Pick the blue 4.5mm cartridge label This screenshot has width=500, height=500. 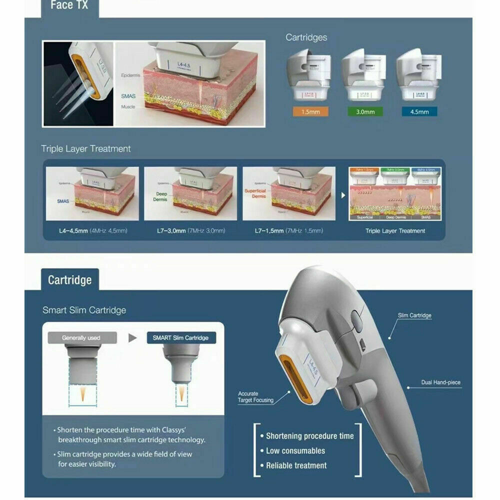point(419,111)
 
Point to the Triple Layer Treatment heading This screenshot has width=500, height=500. point(85,148)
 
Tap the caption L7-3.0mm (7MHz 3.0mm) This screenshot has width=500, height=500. point(190,230)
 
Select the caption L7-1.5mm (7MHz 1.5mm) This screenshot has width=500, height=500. point(289,230)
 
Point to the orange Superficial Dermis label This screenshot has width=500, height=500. point(255,193)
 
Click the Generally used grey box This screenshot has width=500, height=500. point(81,338)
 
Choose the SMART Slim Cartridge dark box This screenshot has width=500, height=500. point(184,338)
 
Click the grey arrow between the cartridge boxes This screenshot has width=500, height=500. point(132,338)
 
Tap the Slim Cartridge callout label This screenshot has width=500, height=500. point(414,315)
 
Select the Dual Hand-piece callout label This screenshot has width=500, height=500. point(440,382)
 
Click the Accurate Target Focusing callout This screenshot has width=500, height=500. point(255,397)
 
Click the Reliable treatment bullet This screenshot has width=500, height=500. point(296,465)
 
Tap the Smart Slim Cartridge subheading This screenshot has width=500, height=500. point(84,310)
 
